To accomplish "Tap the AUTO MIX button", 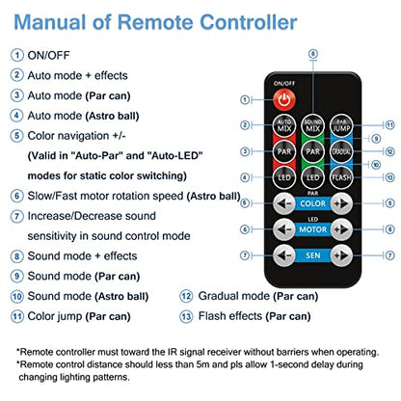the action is pyautogui.click(x=284, y=125).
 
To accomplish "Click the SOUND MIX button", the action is pyautogui.click(x=312, y=125).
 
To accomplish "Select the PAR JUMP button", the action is pyautogui.click(x=341, y=125).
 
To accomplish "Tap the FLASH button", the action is pyautogui.click(x=341, y=177).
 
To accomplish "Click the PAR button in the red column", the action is pyautogui.click(x=284, y=151).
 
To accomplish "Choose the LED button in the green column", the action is pyautogui.click(x=312, y=177).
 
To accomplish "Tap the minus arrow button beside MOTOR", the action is pyautogui.click(x=284, y=229).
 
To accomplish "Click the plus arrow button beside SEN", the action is pyautogui.click(x=341, y=255).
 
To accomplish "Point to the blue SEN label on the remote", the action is pyautogui.click(x=312, y=255).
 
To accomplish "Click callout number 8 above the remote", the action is pyautogui.click(x=313, y=54).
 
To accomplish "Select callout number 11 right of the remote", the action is pyautogui.click(x=389, y=125).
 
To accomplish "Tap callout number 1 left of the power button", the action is pyautogui.click(x=245, y=100).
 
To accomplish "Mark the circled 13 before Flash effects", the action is pyautogui.click(x=186, y=316).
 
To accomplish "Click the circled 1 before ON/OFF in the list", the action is pyautogui.click(x=17, y=55).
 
